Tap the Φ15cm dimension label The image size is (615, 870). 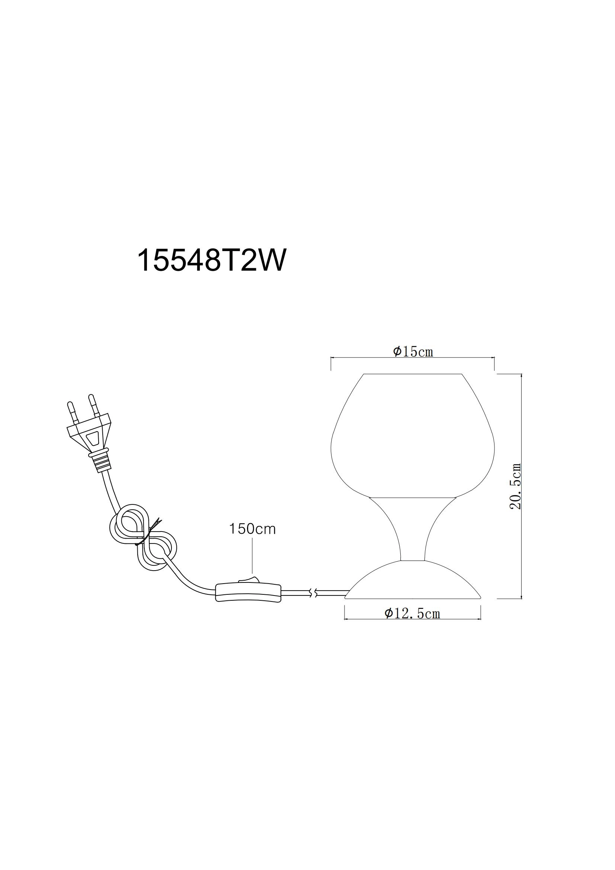click(413, 351)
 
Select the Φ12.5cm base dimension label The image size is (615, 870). click(412, 613)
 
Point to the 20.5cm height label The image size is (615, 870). click(515, 487)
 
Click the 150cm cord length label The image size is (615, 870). click(252, 529)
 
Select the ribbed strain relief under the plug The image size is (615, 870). click(101, 462)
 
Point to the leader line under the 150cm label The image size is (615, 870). click(252, 559)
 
